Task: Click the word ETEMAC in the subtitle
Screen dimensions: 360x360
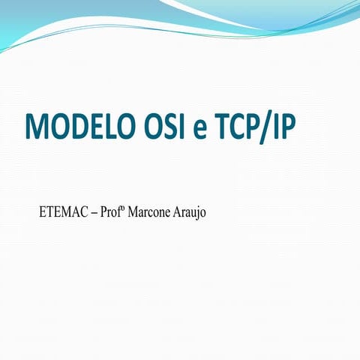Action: (63, 213)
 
